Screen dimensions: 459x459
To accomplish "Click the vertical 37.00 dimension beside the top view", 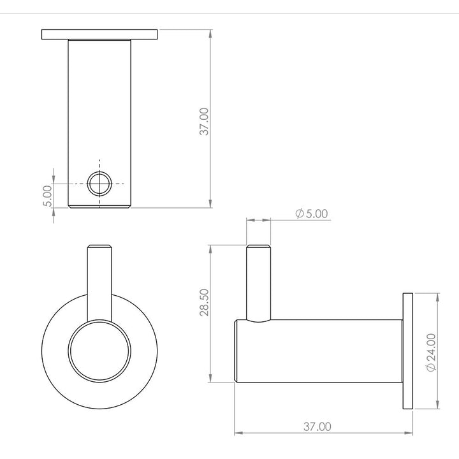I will (x=204, y=121).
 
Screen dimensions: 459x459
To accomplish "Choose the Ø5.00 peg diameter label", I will (x=312, y=214).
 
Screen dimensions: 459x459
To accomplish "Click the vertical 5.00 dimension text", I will (x=47, y=195).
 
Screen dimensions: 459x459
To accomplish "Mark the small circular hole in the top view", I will (x=99, y=184).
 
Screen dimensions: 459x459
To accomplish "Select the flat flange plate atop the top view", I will (x=99, y=34).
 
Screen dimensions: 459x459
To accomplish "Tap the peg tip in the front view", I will (x=99, y=249).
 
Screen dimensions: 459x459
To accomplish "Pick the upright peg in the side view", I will (x=259, y=280).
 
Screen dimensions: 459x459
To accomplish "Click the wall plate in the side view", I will (x=408, y=351).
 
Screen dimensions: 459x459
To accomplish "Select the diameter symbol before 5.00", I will (x=299, y=214).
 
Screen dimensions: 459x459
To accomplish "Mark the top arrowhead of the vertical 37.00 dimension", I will (x=210, y=33).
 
